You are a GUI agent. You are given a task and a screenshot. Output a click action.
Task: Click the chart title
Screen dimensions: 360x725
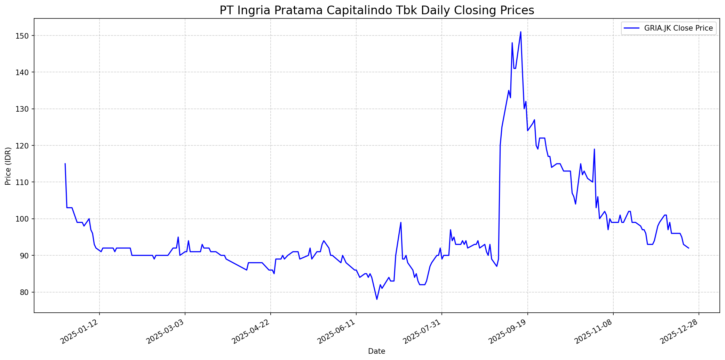click(377, 10)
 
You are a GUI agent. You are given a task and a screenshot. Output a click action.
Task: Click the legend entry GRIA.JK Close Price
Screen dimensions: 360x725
click(678, 29)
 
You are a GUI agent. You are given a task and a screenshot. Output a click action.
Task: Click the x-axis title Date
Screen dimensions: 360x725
click(377, 352)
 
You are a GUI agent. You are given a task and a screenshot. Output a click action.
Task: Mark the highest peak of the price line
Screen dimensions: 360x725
click(520, 32)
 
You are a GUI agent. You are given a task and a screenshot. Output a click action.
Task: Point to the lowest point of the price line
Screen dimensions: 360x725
click(377, 299)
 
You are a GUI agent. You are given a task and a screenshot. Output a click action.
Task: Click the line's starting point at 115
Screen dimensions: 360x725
click(65, 164)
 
